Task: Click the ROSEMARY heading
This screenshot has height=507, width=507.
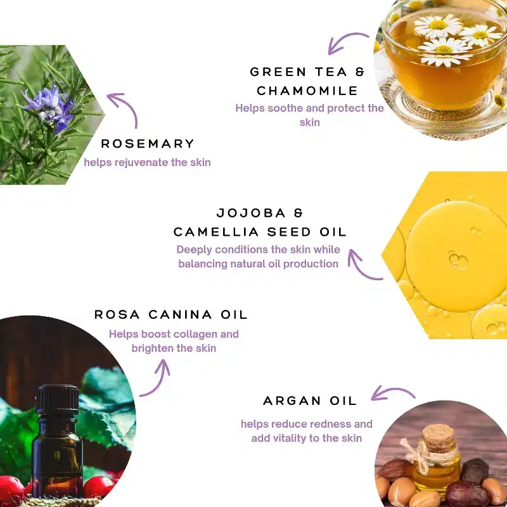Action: pos(148,144)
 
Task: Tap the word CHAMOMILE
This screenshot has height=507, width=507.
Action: pos(307,91)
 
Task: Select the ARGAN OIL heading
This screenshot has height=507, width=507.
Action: pos(310,401)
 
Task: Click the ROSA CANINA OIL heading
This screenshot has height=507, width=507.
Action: pos(170,314)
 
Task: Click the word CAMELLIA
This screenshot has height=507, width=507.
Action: pos(216,232)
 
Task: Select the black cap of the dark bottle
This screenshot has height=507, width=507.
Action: pos(57,399)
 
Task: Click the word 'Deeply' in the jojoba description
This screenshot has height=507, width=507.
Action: pos(194,250)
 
